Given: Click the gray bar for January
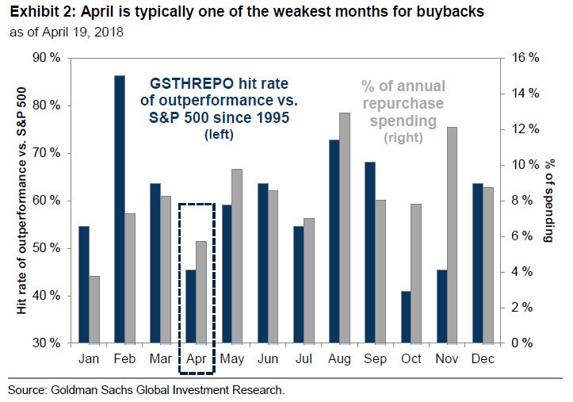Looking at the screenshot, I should pos(94,309).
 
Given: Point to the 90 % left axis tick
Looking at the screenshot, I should pos(45,58).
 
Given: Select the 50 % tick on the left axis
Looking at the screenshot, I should pos(45,248).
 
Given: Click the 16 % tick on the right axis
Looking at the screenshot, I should pos(524,58).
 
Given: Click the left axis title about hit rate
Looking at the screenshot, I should pos(23,201).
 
